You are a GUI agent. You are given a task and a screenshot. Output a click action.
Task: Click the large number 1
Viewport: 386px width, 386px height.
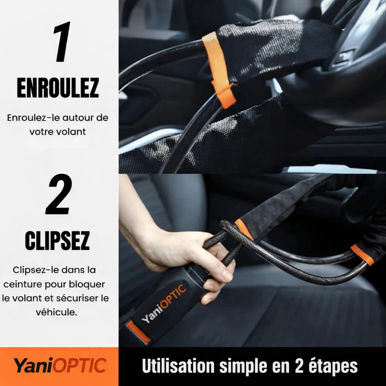click(63, 42)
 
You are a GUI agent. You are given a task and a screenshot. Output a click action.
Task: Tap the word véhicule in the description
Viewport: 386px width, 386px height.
click(57, 312)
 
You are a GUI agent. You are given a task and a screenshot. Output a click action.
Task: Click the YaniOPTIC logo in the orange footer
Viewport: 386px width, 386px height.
click(60, 366)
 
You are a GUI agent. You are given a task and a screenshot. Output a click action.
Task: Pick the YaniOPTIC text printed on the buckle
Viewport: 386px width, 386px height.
click(164, 305)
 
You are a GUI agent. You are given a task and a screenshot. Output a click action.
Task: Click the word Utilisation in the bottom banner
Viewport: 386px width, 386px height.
click(175, 366)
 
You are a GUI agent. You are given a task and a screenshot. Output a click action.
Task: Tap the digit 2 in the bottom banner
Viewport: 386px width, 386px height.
click(294, 366)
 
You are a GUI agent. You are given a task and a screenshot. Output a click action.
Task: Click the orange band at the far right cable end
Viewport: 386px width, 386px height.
click(362, 255)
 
